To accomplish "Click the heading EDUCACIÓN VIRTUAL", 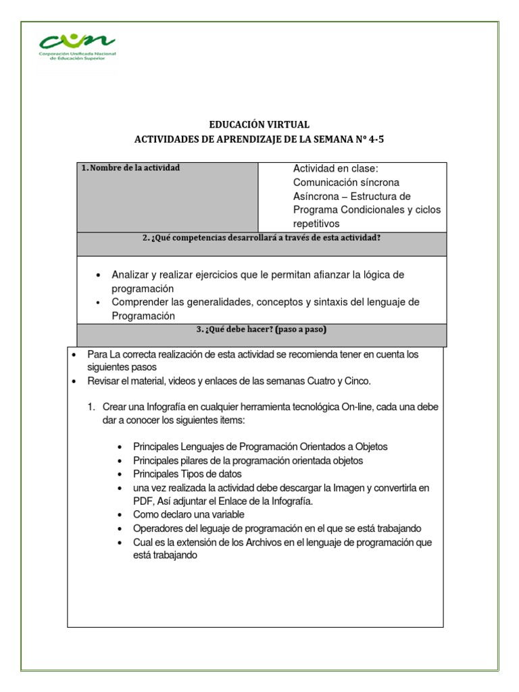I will pos(259,125).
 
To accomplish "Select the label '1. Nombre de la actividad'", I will pos(130,168).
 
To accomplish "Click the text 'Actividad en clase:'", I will pos(336,168).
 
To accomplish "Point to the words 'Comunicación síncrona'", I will pos(346,182).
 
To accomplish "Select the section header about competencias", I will pos(262,238).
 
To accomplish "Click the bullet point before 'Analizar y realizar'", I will pos(99,275).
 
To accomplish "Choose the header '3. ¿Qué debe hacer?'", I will pos(262,330).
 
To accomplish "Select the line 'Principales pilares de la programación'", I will pos(247,460).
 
